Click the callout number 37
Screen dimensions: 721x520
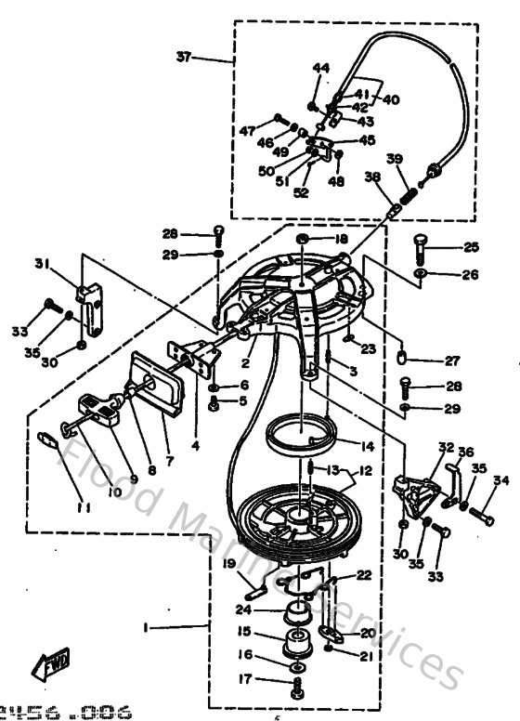click(186, 57)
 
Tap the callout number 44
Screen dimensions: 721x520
click(320, 69)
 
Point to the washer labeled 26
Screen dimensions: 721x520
click(422, 275)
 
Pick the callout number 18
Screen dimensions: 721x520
click(341, 240)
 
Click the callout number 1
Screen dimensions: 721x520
click(147, 628)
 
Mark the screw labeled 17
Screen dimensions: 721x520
click(298, 689)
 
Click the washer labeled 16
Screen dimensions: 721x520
click(296, 667)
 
